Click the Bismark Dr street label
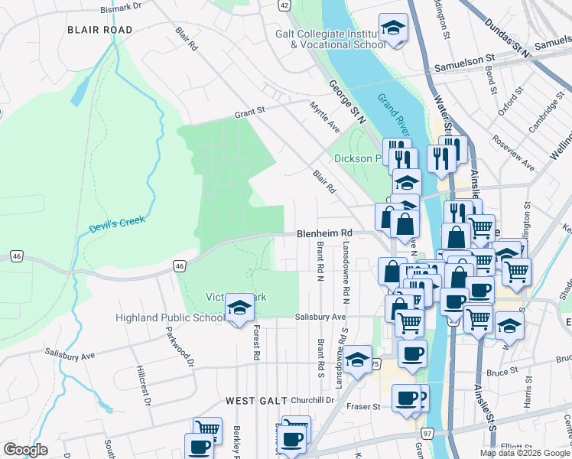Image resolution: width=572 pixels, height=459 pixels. click(122, 8)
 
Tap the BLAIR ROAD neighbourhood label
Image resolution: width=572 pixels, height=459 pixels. click(99, 30)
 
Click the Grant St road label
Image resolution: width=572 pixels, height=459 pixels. click(249, 112)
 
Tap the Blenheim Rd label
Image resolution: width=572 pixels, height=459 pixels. click(324, 233)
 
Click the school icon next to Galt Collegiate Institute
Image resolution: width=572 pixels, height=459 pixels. click(393, 28)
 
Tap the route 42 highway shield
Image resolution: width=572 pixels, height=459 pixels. click(284, 5)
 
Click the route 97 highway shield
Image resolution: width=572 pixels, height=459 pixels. click(427, 434)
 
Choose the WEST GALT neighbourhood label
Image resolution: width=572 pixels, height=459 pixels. click(257, 401)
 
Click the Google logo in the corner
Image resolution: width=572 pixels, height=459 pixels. click(25, 450)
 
